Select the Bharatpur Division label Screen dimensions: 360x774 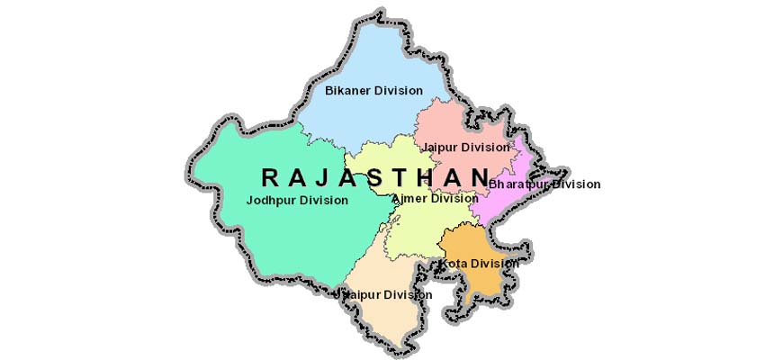[x=544, y=184]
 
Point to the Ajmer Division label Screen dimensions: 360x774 [x=434, y=198]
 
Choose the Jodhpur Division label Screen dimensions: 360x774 [x=296, y=200]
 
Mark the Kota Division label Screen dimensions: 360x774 [x=479, y=263]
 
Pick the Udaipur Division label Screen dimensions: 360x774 [x=382, y=294]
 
